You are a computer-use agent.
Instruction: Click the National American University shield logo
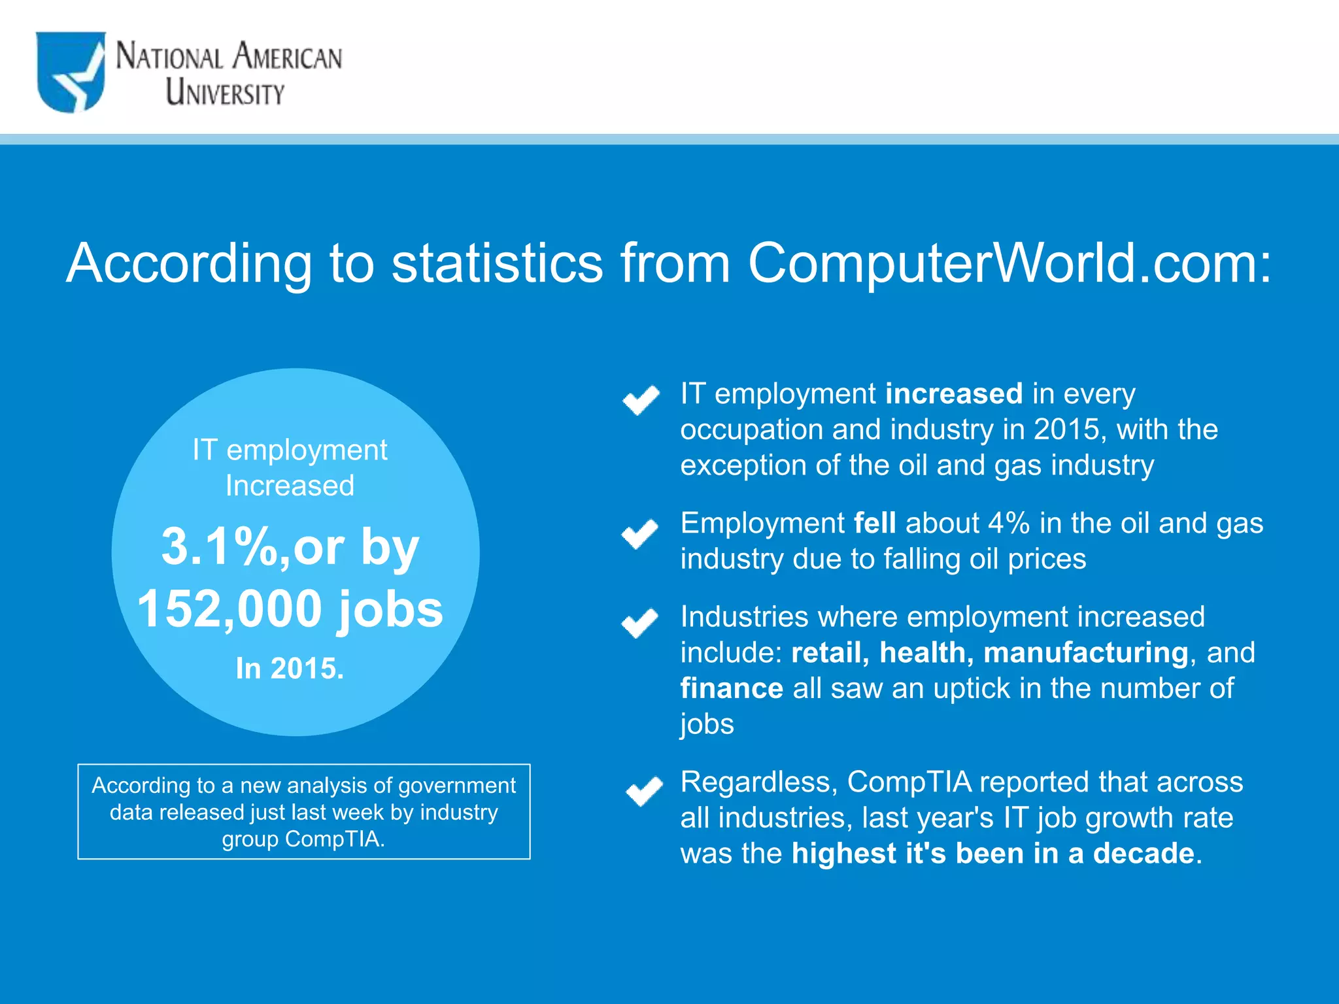pyautogui.click(x=71, y=72)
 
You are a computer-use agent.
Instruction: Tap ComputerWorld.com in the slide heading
pyautogui.click(x=1009, y=263)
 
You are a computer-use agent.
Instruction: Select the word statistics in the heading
pyautogui.click(x=497, y=263)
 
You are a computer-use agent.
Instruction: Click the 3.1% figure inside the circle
pyautogui.click(x=220, y=546)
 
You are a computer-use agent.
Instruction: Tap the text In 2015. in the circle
pyautogui.click(x=290, y=669)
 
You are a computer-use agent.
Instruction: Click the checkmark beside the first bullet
pyautogui.click(x=641, y=399)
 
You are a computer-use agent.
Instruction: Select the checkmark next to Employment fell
pyautogui.click(x=639, y=533)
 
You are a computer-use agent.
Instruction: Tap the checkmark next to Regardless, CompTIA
pyautogui.click(x=643, y=791)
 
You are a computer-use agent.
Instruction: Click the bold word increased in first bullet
pyautogui.click(x=954, y=394)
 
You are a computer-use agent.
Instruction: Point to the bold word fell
pyautogui.click(x=875, y=524)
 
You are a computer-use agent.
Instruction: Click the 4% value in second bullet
pyautogui.click(x=1009, y=524)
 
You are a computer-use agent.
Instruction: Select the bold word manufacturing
pyautogui.click(x=1085, y=653)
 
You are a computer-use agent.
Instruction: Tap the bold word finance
pyautogui.click(x=732, y=689)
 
